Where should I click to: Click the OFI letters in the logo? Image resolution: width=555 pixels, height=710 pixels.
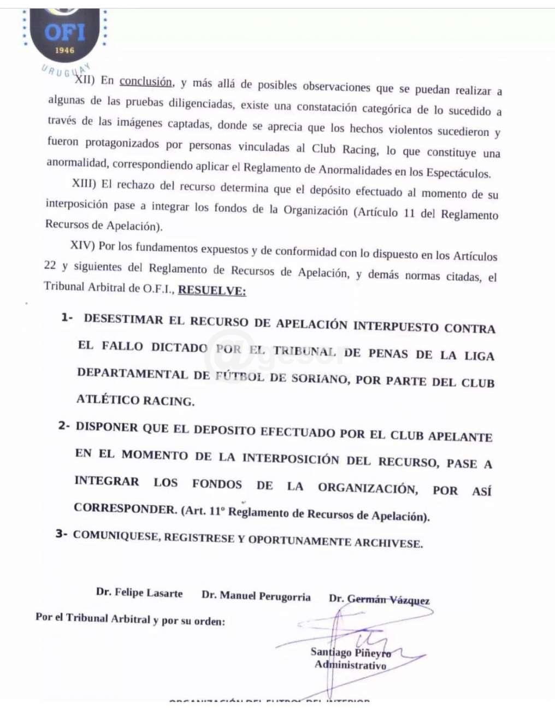pos(65,32)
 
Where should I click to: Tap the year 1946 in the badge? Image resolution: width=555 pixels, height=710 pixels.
pos(64,50)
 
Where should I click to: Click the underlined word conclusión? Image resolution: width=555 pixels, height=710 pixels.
pos(146,82)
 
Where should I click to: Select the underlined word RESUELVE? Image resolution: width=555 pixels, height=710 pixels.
pos(212,291)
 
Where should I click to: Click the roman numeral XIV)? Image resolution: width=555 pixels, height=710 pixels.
pos(83,245)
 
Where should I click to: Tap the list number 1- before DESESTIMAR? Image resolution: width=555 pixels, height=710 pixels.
pos(67,317)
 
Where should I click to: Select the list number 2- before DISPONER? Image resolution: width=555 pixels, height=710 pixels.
pos(64,425)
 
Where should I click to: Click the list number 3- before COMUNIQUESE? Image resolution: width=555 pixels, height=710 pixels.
pos(62,533)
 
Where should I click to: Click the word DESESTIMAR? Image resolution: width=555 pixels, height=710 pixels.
pos(123,319)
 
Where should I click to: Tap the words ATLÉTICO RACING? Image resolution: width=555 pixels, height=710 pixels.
pos(135,400)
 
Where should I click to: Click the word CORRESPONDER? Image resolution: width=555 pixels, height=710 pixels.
pos(125,508)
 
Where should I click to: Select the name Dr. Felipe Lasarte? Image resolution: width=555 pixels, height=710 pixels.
pos(139,593)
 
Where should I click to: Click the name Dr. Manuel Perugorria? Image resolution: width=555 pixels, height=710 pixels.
pos(256,596)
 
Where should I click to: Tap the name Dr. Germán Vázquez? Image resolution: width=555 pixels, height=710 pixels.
pos(379,600)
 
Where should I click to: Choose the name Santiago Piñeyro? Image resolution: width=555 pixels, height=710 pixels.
pos(351,652)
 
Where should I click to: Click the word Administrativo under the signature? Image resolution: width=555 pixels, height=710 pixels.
pos(350,665)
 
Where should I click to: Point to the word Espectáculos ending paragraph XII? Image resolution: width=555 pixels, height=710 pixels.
pos(458,174)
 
